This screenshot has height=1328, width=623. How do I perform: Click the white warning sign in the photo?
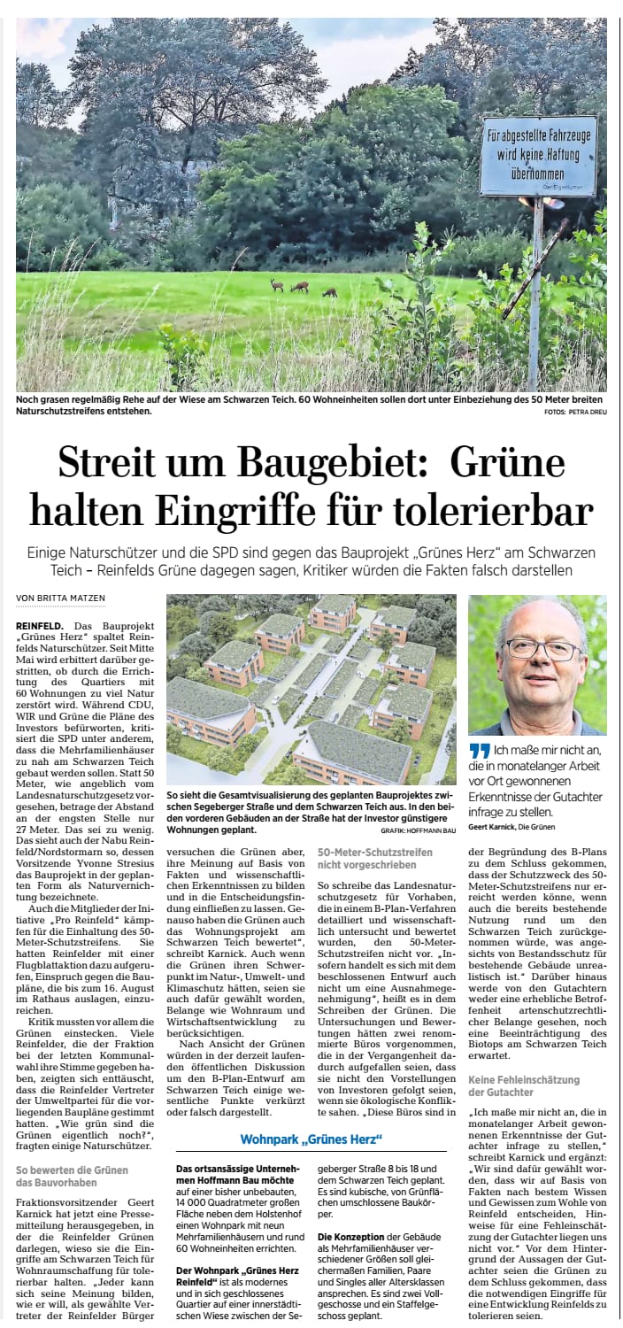(x=537, y=157)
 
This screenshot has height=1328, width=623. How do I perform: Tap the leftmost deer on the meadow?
(x=277, y=284)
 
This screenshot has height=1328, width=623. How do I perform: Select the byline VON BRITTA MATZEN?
(x=61, y=598)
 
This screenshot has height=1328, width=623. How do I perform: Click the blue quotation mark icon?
(x=479, y=751)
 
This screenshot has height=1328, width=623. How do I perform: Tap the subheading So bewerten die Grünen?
(x=72, y=1176)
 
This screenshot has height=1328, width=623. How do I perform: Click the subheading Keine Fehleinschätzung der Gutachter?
(x=524, y=1086)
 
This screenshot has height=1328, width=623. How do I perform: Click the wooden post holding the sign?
(x=535, y=292)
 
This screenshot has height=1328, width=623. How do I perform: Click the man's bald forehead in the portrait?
(x=536, y=619)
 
